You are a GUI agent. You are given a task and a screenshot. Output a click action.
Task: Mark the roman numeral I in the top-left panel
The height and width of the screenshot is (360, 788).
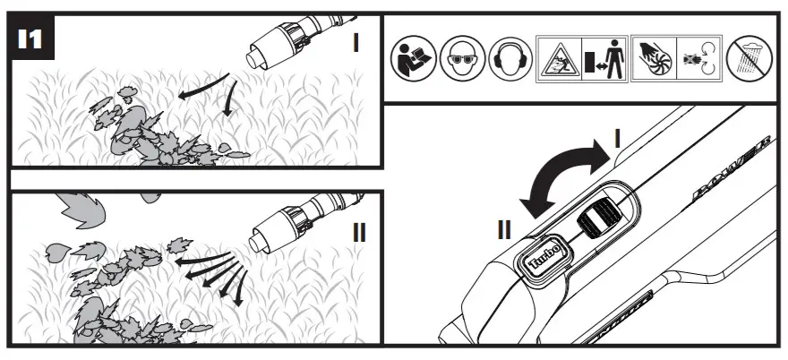click(x=355, y=41)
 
